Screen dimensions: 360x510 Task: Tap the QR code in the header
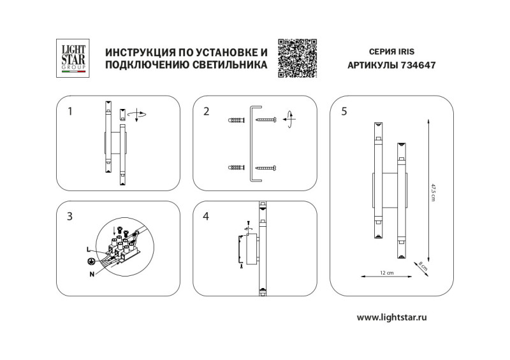297,58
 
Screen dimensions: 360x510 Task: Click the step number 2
206,112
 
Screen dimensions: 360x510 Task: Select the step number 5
344,112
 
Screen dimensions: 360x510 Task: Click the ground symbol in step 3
92,260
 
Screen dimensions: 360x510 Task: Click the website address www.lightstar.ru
391,317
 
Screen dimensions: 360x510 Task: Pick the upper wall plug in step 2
235,120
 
